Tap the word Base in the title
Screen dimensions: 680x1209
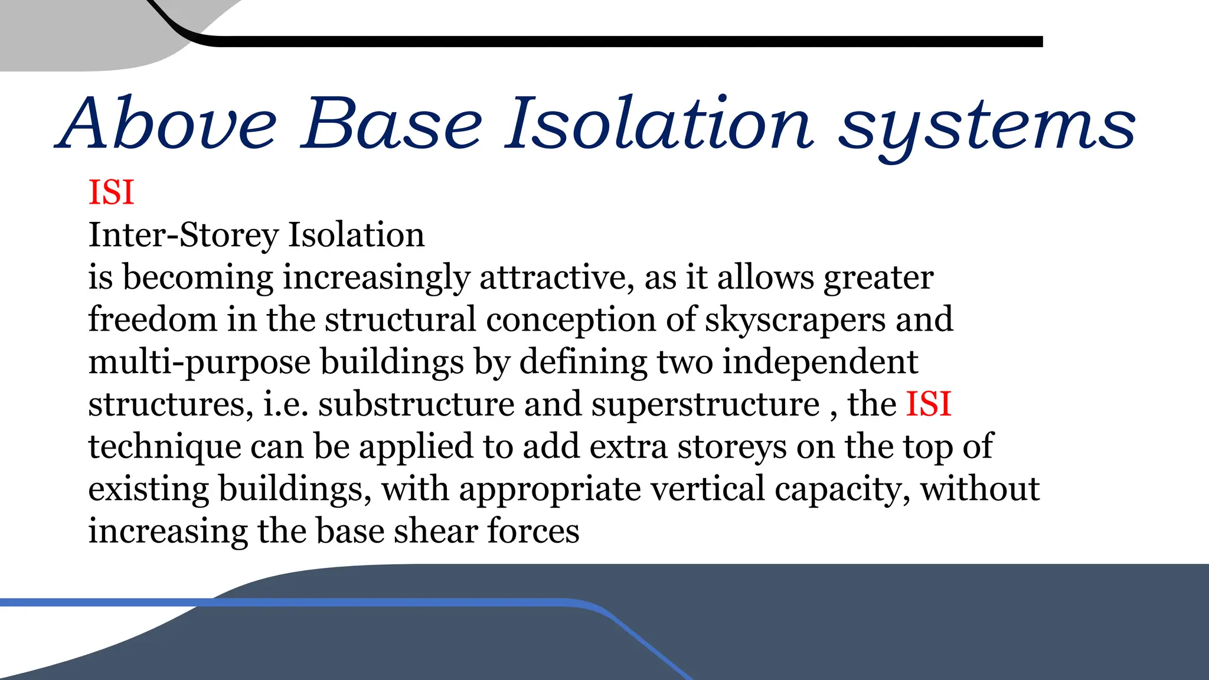pos(392,124)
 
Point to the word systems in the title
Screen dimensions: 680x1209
pos(986,127)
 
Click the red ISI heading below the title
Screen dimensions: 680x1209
pos(111,192)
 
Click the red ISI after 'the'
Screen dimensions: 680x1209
pos(929,404)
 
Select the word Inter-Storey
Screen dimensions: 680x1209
pos(183,236)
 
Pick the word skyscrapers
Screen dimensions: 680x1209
pos(795,321)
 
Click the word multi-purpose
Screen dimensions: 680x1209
pos(199,362)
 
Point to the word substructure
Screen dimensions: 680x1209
pos(416,404)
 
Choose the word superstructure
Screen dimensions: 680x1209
pos(705,405)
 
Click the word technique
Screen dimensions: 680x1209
pos(165,447)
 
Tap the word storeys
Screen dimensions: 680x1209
pos(732,447)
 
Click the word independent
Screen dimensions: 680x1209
pos(820,362)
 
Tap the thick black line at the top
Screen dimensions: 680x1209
pos(590,41)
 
